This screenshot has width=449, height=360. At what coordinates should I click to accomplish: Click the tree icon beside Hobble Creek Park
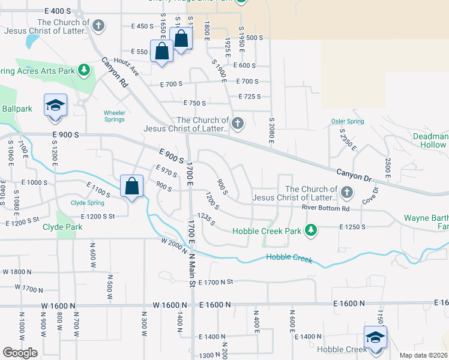[310, 230]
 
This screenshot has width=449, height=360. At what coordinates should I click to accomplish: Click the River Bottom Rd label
[325, 208]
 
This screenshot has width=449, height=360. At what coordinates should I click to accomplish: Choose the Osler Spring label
[348, 121]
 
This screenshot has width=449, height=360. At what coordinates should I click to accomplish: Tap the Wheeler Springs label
[114, 116]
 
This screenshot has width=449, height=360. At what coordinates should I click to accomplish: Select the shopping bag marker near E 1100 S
[131, 185]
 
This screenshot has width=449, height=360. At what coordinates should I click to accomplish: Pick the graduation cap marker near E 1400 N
[375, 337]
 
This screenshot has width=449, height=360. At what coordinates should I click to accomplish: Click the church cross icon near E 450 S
[98, 26]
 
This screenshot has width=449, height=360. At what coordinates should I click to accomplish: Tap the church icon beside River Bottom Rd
[346, 193]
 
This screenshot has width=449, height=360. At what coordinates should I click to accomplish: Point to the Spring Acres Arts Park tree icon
[85, 70]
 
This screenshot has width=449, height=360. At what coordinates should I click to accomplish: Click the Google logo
[20, 353]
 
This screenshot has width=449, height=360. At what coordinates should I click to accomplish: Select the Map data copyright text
[423, 355]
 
